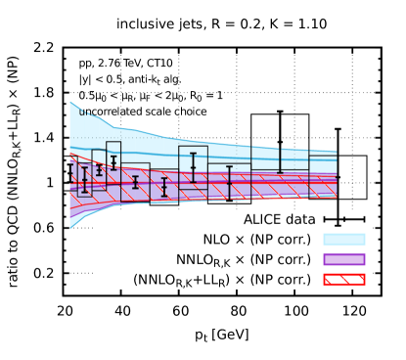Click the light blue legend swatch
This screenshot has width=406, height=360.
344,239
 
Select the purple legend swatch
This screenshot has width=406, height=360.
344,259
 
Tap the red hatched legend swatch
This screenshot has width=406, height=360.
344,279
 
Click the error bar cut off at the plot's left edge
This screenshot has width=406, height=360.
70,173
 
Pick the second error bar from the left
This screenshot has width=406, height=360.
84,180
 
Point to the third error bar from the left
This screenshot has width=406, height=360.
99,169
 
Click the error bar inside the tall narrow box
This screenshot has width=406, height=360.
113,162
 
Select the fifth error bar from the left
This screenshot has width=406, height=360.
135,182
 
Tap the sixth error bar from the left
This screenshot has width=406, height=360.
163,187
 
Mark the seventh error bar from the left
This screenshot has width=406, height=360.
193,167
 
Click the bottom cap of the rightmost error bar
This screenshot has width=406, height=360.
280,173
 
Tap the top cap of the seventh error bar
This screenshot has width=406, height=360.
193,154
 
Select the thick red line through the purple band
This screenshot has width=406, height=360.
245,180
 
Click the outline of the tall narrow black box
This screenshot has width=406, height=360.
107,157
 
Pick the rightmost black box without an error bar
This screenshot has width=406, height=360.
323,176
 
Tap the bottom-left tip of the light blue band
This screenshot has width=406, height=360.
70,227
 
